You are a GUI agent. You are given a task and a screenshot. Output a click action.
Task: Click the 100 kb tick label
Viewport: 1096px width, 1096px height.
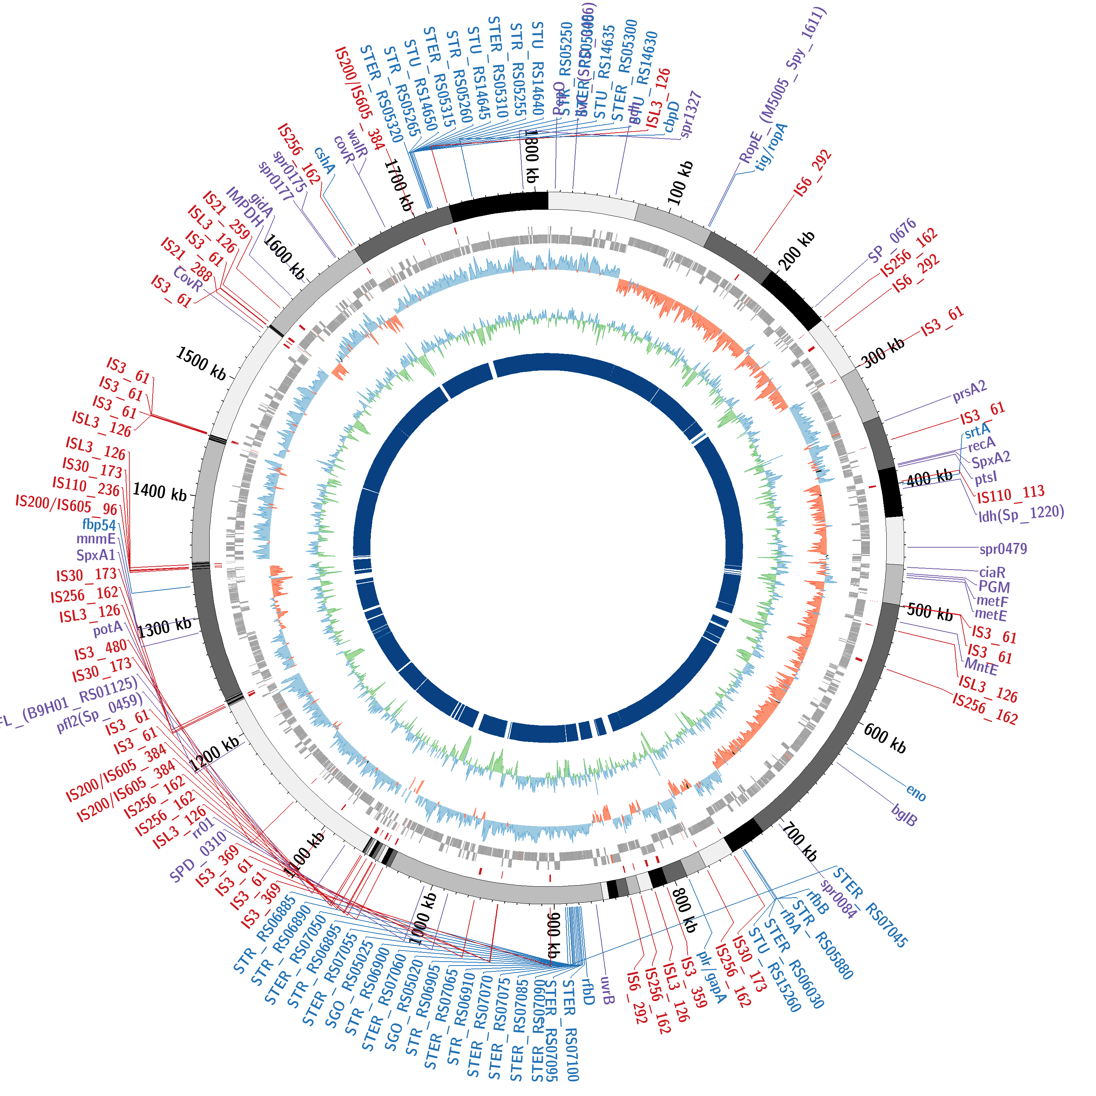(x=680, y=183)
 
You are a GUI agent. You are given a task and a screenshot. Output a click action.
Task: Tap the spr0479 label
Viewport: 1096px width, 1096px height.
(x=1003, y=549)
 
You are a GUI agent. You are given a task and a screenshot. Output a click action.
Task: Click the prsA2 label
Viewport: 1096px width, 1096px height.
(x=970, y=390)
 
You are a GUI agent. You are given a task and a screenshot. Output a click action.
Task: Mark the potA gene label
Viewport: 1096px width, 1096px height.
(x=108, y=628)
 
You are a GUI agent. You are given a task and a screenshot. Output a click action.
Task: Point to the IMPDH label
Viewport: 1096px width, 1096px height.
(x=245, y=207)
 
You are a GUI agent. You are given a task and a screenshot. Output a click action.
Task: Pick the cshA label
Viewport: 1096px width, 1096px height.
(x=324, y=160)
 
